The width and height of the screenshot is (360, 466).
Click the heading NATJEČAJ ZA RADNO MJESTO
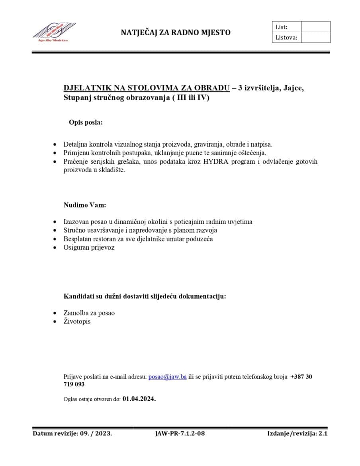pyautogui.click(x=176, y=33)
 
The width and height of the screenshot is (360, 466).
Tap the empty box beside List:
pyautogui.click(x=315, y=27)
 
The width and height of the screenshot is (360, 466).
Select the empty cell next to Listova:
pyautogui.click(x=315, y=37)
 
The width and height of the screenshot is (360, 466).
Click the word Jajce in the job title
pyautogui.click(x=294, y=88)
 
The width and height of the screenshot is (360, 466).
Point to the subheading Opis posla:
pyautogui.click(x=86, y=122)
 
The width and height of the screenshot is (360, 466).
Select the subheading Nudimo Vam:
pyautogui.click(x=85, y=205)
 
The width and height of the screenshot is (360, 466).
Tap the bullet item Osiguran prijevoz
pyautogui.click(x=89, y=247)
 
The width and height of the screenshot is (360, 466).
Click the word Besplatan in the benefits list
pyautogui.click(x=76, y=239)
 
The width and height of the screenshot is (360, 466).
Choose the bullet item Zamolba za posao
pyautogui.click(x=89, y=313)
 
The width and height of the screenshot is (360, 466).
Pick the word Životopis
pyautogui.click(x=77, y=321)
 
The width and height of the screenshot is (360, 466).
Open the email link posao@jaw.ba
pyautogui.click(x=167, y=376)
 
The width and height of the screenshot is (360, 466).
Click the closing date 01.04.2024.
pyautogui.click(x=139, y=398)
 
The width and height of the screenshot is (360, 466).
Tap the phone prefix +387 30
pyautogui.click(x=301, y=376)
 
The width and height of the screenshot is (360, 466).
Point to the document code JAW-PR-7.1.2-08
pyautogui.click(x=180, y=433)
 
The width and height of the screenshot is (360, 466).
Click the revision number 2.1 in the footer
pyautogui.click(x=323, y=433)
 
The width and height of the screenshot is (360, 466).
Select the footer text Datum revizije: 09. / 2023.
pyautogui.click(x=72, y=433)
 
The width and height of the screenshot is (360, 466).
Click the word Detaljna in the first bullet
pyautogui.click(x=75, y=144)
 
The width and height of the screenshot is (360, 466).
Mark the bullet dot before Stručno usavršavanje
pyautogui.click(x=55, y=231)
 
